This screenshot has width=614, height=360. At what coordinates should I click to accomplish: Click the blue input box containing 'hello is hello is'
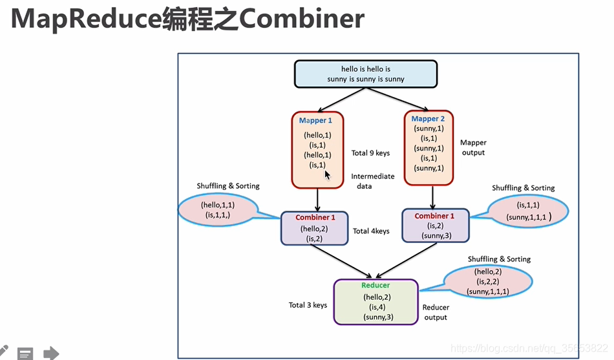pyautogui.click(x=366, y=74)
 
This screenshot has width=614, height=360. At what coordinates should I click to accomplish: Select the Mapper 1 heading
pyautogui.click(x=315, y=121)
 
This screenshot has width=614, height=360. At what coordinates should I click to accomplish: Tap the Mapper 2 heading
pyautogui.click(x=428, y=119)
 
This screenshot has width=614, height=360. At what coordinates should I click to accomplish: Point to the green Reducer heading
pyautogui.click(x=376, y=285)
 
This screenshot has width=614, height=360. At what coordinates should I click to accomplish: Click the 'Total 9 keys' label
pyautogui.click(x=370, y=153)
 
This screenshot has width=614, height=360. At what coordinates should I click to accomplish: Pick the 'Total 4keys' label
pyautogui.click(x=371, y=231)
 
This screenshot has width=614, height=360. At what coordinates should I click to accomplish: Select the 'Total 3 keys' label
pyautogui.click(x=308, y=305)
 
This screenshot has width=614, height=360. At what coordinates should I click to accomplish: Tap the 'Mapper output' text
pyautogui.click(x=472, y=147)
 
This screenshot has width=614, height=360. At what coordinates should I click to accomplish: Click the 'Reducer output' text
pyautogui.click(x=436, y=312)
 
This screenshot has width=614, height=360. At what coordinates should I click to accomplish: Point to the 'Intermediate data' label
pyautogui.click(x=372, y=180)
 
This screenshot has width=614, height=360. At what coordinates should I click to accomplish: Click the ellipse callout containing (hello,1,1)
pyautogui.click(x=217, y=209)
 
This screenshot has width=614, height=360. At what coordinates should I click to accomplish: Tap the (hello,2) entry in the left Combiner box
pyautogui.click(x=314, y=229)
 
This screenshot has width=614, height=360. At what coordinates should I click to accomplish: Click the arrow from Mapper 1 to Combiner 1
pyautogui.click(x=318, y=199)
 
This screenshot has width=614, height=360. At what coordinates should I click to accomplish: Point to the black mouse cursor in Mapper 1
pyautogui.click(x=328, y=175)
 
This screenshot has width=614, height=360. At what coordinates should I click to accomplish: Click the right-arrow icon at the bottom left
pyautogui.click(x=51, y=353)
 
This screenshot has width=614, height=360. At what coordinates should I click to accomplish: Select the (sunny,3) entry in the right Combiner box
pyautogui.click(x=436, y=236)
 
